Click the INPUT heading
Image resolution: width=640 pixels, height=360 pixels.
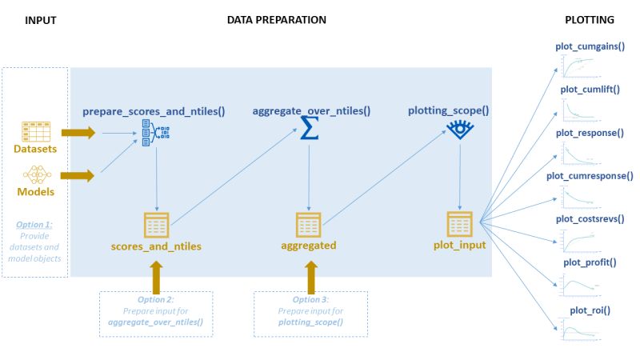pyautogui.click(x=41, y=19)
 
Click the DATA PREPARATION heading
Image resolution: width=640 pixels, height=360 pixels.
pyautogui.click(x=276, y=19)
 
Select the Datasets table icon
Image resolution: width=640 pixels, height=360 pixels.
pyautogui.click(x=35, y=130)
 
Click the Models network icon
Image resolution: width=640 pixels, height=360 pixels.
pyautogui.click(x=35, y=174)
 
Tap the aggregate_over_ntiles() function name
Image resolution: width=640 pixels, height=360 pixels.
pyautogui.click(x=311, y=108)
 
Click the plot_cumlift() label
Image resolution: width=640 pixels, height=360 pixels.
pyautogui.click(x=590, y=90)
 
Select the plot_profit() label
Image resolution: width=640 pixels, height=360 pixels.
pyautogui.click(x=590, y=262)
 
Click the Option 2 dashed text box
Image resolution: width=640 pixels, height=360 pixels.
pyautogui.click(x=155, y=314)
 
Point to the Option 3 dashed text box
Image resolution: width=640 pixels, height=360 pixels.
pyautogui.click(x=310, y=314)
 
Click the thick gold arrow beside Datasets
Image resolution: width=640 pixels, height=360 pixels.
pyautogui.click(x=78, y=132)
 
